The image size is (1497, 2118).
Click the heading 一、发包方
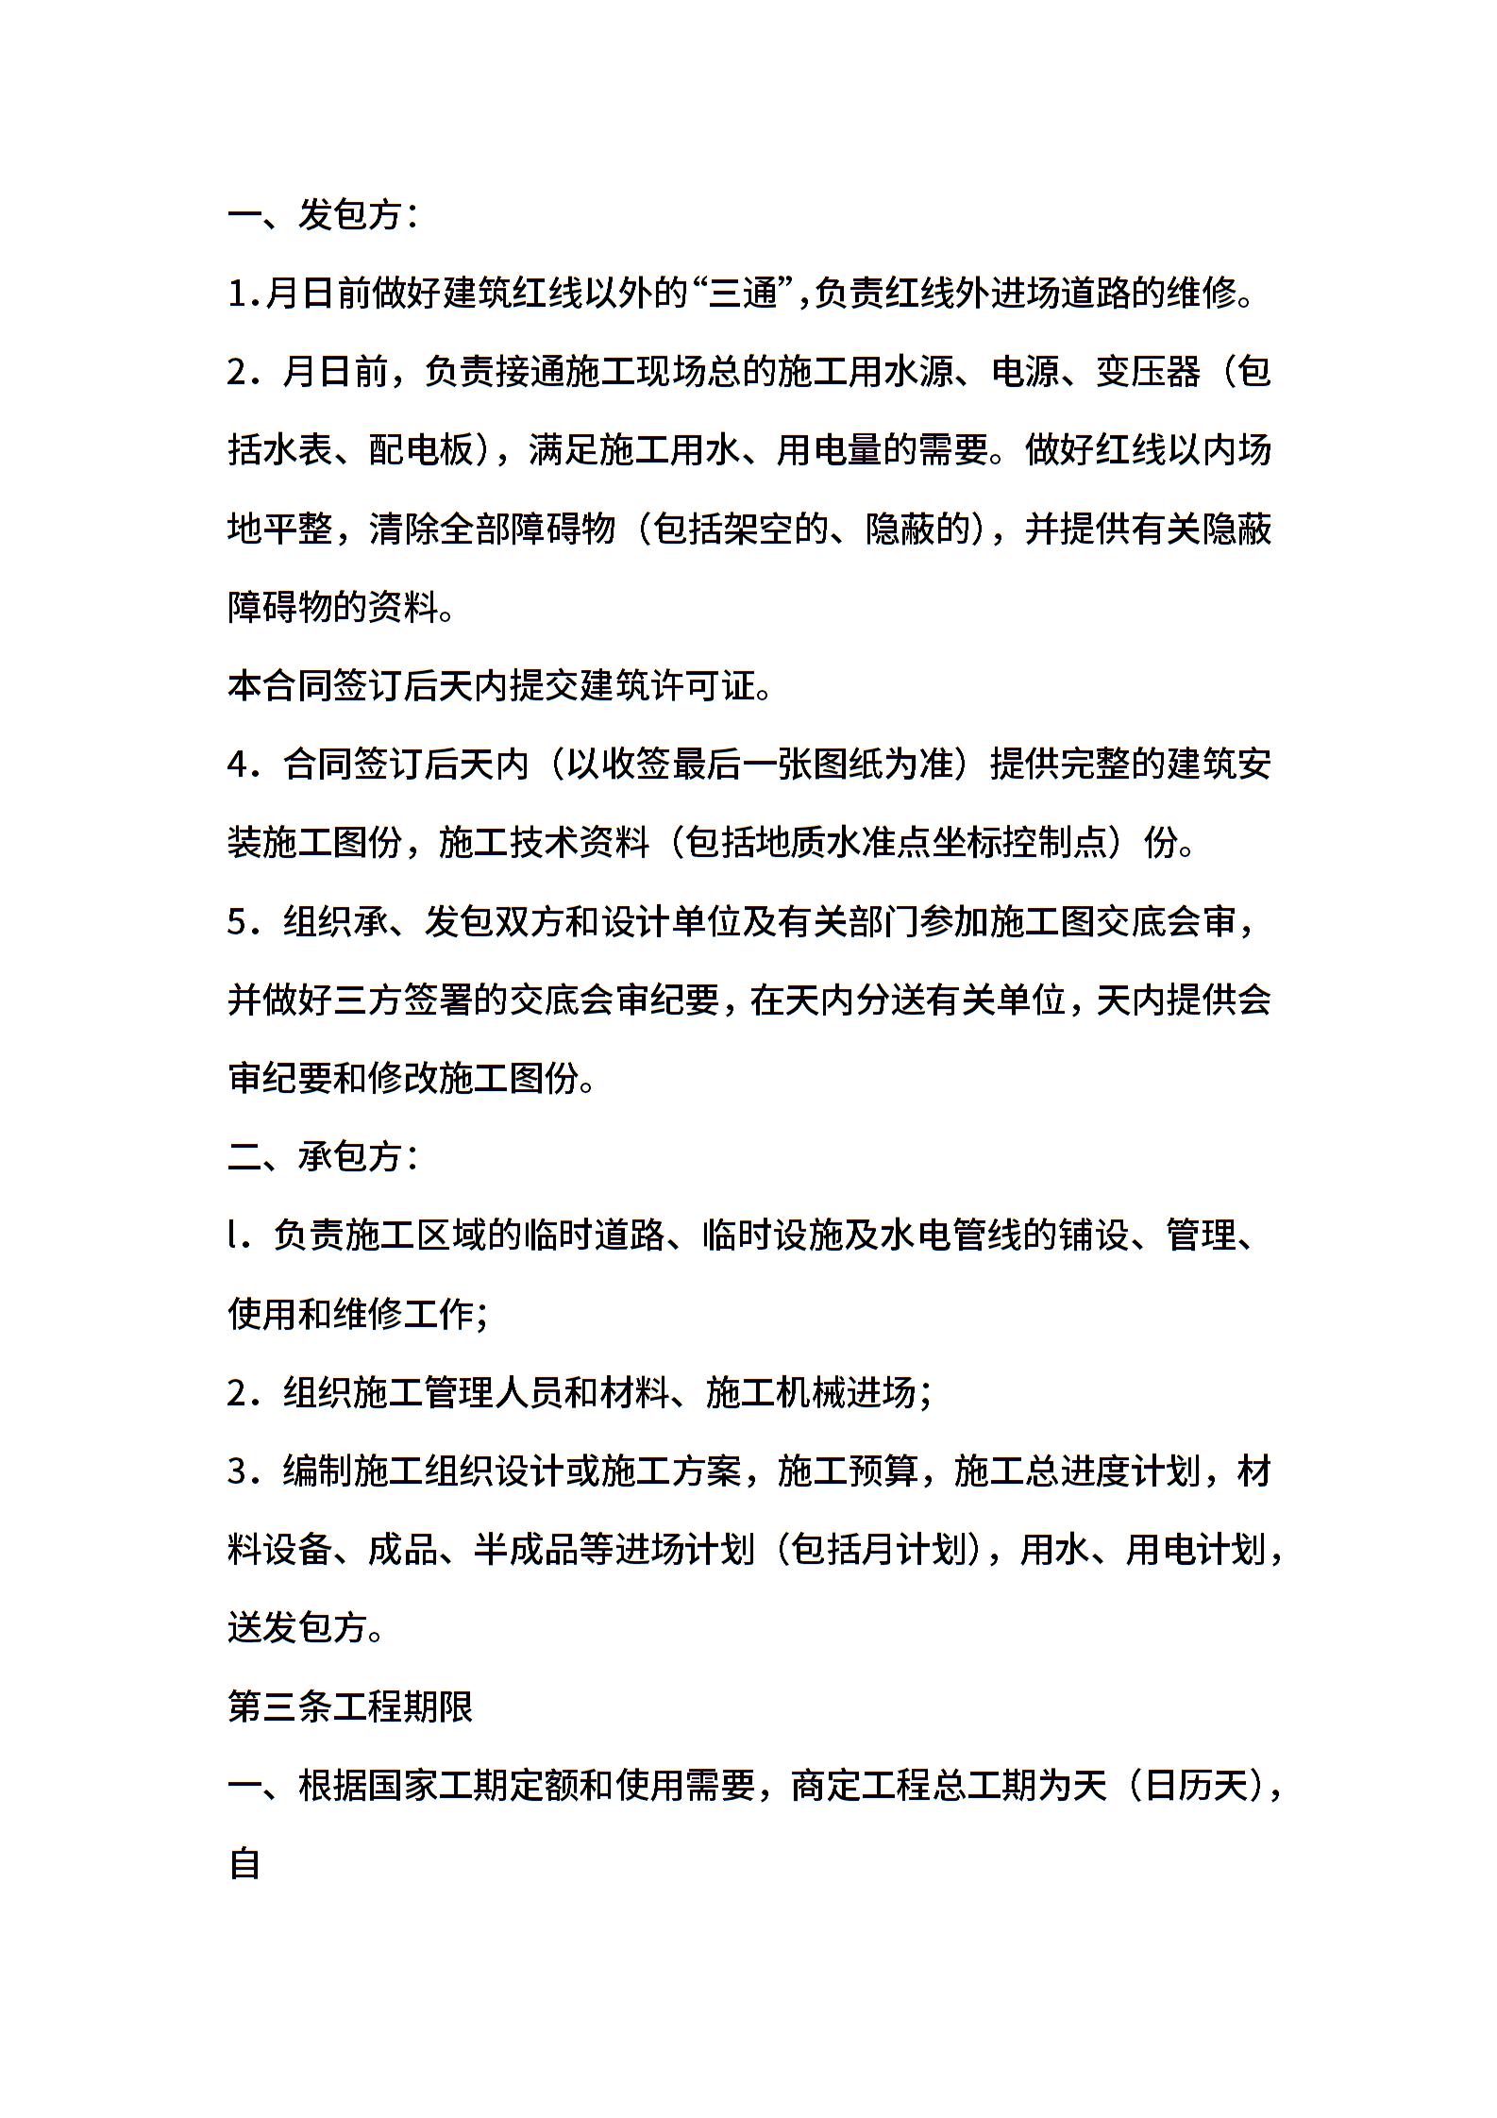coord(321,215)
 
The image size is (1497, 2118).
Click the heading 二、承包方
coord(321,1155)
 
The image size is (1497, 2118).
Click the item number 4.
coord(237,765)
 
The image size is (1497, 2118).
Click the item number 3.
coord(237,1471)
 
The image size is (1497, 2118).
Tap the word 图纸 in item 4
coord(847,765)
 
